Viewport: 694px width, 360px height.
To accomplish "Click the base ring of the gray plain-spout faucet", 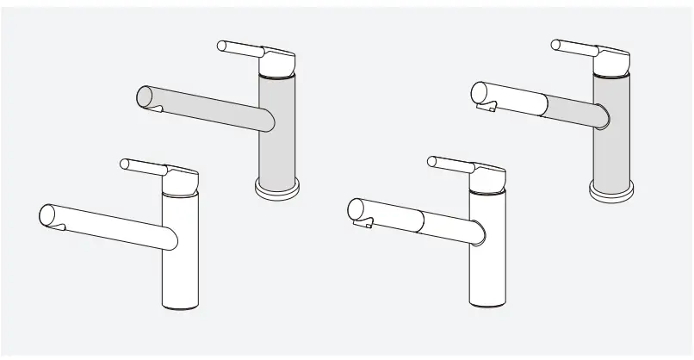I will [278, 189].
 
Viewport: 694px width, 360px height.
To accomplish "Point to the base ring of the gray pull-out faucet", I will [611, 189].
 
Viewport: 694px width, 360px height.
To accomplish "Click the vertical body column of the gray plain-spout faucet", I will [278, 129].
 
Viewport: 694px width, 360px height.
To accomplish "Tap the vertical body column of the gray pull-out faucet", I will [611, 129].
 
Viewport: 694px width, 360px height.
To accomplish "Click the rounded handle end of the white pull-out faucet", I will [433, 161].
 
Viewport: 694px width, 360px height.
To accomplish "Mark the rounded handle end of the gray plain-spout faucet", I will [222, 45].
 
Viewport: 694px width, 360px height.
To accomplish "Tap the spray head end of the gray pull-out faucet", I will [480, 91].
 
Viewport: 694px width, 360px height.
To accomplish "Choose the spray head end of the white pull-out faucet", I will [356, 208].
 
